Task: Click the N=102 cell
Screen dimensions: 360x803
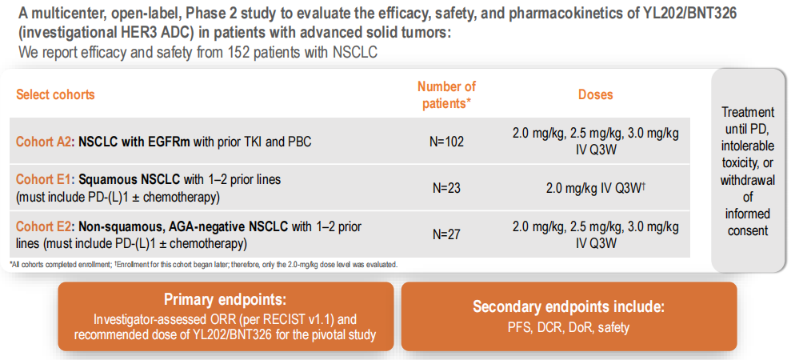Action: [446, 142]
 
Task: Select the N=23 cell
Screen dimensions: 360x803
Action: [446, 188]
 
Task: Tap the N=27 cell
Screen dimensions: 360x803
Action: [446, 234]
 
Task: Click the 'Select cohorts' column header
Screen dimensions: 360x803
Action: [55, 94]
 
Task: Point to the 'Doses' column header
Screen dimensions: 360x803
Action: [595, 94]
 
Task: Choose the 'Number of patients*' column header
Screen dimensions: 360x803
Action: [446, 94]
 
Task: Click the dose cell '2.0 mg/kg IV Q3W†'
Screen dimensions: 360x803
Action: [595, 188]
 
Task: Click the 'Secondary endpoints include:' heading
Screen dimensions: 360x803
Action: [569, 306]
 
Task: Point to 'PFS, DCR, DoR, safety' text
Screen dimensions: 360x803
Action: [569, 327]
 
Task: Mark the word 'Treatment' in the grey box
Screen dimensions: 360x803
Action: [748, 112]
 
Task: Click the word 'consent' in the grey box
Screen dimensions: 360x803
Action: [748, 230]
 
